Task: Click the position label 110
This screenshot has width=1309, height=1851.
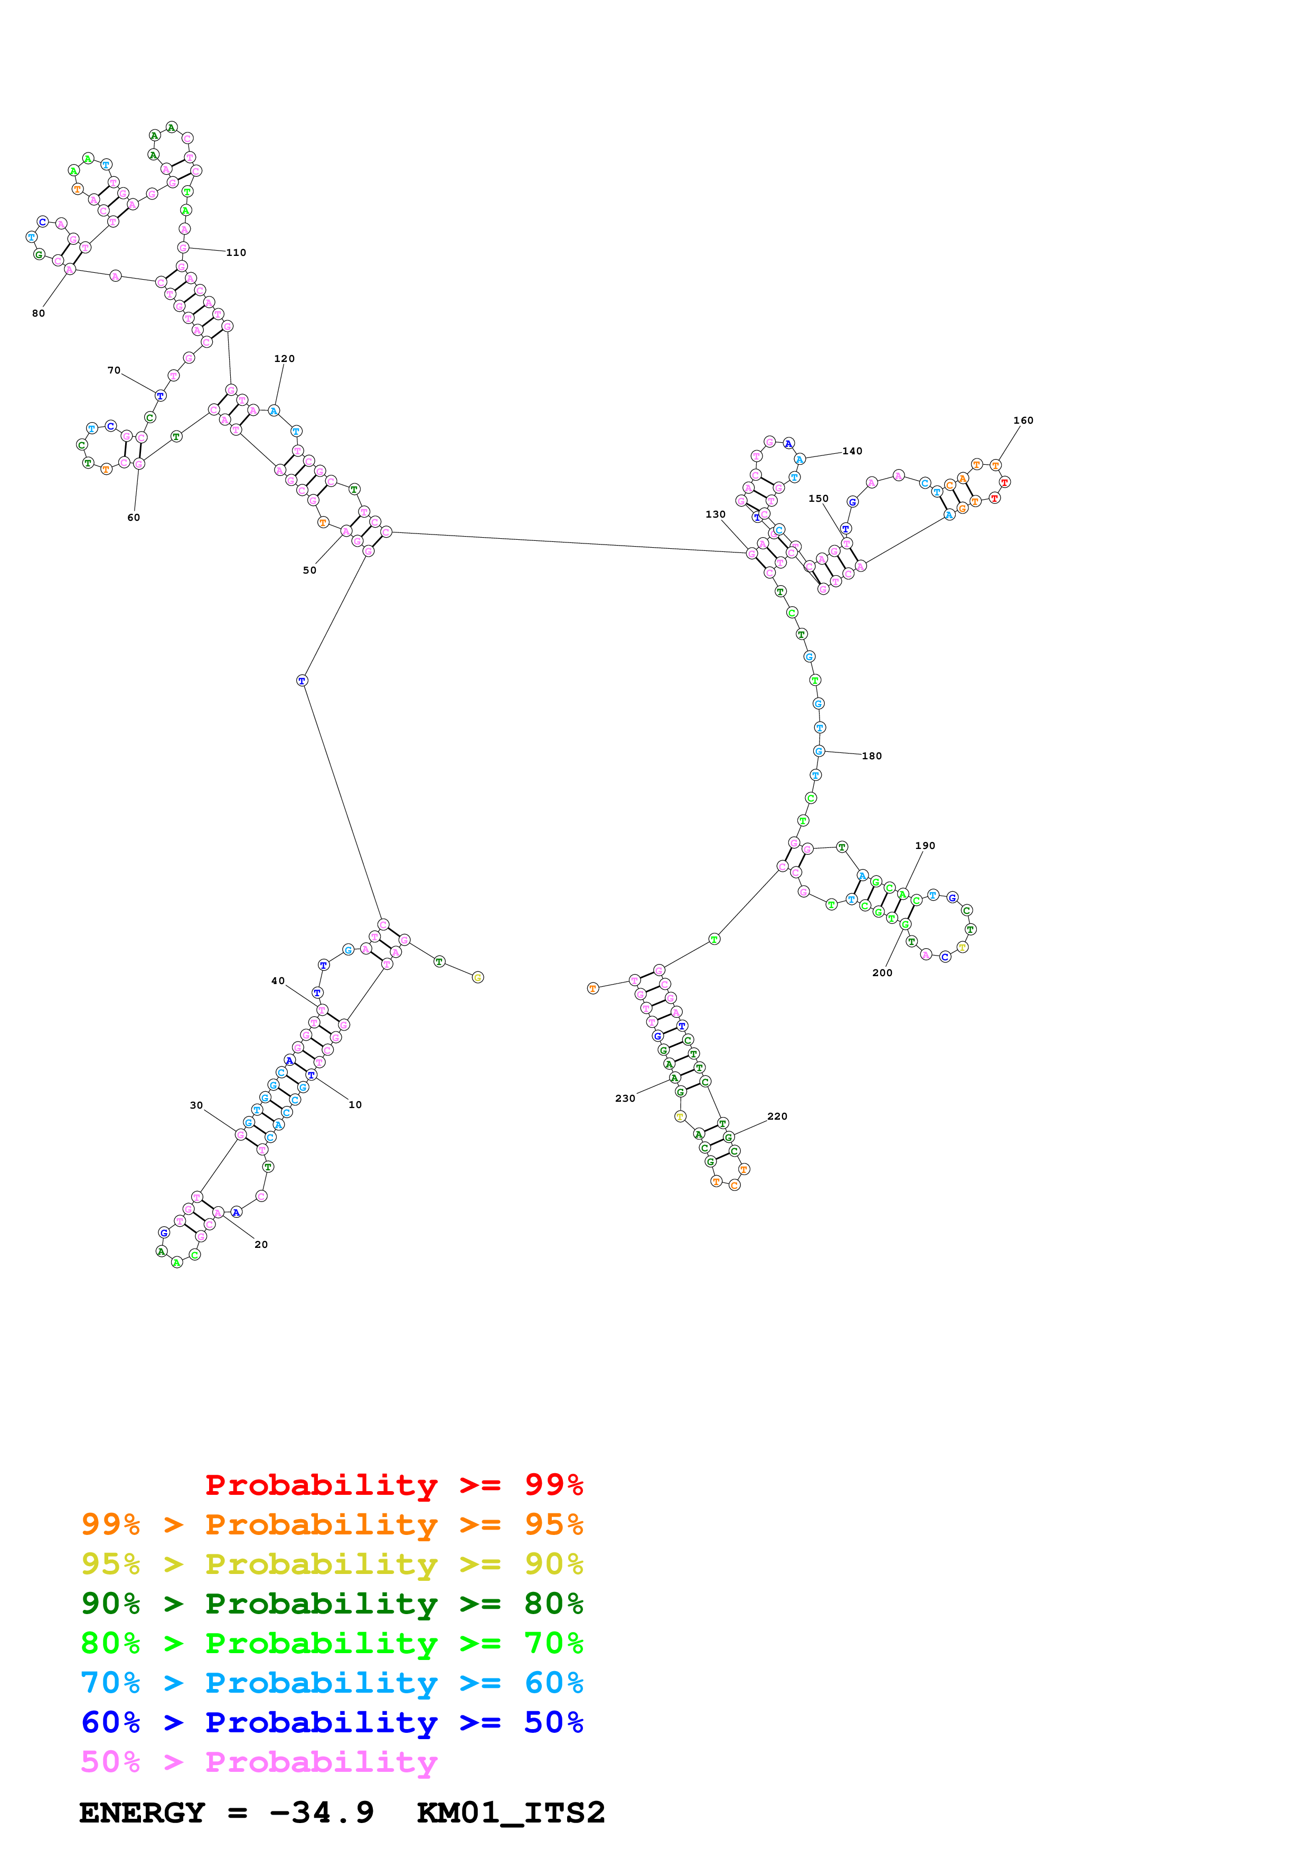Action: (236, 252)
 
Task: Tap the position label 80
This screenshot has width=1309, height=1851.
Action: (38, 313)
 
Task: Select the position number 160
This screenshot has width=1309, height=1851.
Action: (1023, 420)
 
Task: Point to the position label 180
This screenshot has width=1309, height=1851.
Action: (871, 756)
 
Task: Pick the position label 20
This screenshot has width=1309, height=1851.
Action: (260, 1244)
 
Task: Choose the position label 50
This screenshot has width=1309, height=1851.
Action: (309, 570)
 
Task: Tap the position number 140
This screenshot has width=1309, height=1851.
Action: (852, 451)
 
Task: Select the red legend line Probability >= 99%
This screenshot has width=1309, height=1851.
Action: (393, 1484)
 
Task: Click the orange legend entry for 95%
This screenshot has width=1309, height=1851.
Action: (332, 1524)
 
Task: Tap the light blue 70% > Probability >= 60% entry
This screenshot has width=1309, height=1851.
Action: (332, 1683)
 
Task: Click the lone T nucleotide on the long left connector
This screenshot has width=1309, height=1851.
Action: (302, 681)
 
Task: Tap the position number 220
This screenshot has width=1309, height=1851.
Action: (777, 1116)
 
